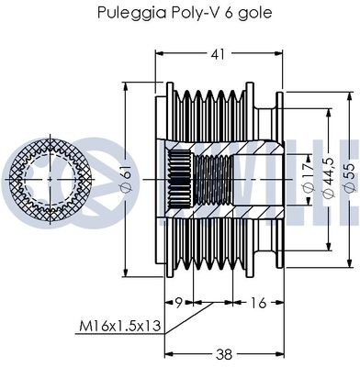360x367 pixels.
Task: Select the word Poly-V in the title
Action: [203, 14]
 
